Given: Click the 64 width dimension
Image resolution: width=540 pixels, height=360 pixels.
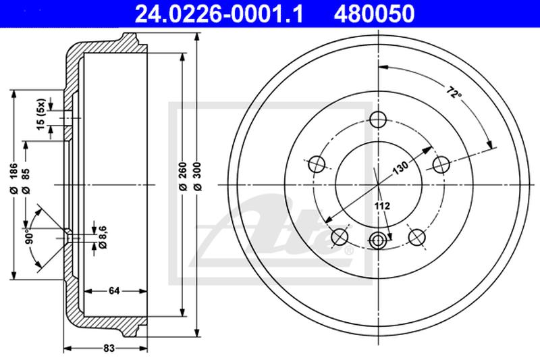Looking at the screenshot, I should (114, 290).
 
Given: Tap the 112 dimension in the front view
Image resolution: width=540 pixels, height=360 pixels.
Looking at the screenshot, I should (383, 204).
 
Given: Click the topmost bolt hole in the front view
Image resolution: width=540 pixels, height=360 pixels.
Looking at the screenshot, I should (379, 120).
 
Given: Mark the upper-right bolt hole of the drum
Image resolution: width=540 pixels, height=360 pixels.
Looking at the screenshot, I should (441, 164).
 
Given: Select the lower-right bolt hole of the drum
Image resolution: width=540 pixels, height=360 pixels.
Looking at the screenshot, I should (417, 237).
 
